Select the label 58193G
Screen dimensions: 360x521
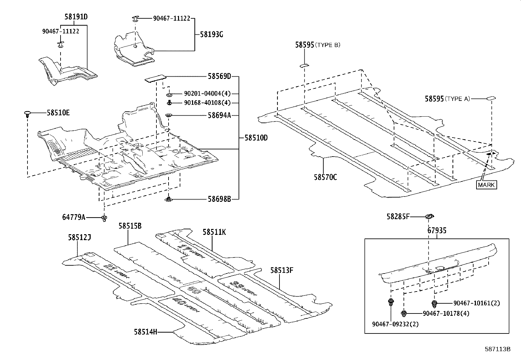[x=211, y=34]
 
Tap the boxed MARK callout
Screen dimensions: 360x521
[x=487, y=185]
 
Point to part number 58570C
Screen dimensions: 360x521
[x=325, y=178]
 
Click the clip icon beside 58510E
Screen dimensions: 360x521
[x=27, y=114]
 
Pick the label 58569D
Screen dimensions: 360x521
[x=219, y=76]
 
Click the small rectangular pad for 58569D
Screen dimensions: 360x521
[x=155, y=79]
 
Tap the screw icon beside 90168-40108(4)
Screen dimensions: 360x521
[x=170, y=103]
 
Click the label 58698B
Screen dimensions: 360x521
[x=219, y=199]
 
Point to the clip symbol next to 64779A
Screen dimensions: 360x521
[x=104, y=218]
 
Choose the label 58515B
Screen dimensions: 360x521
[x=130, y=226]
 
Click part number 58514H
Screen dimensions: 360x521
[x=145, y=332]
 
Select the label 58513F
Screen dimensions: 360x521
[x=281, y=270]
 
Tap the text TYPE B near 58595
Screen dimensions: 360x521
[x=328, y=45]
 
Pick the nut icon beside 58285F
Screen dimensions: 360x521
[x=429, y=216]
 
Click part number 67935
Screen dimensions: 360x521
[x=437, y=231]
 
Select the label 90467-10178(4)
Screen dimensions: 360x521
[x=446, y=313]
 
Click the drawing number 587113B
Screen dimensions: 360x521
[x=498, y=349]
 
